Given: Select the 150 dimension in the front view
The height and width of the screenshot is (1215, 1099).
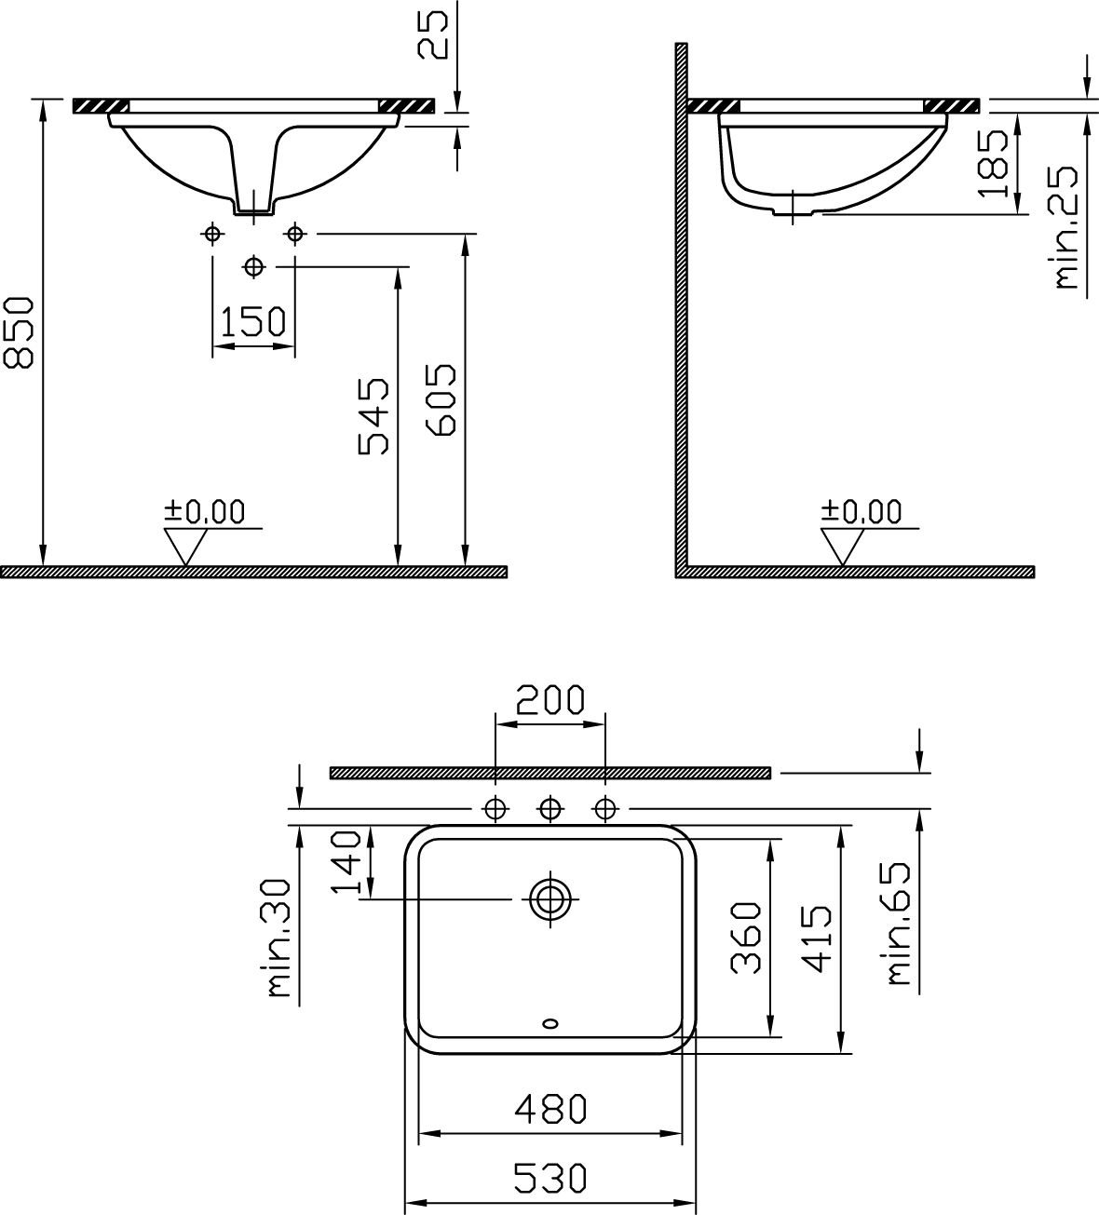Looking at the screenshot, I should pyautogui.click(x=253, y=321).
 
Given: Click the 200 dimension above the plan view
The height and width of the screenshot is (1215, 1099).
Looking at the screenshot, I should pyautogui.click(x=550, y=699).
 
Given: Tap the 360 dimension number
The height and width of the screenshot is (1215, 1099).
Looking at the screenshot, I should pyautogui.click(x=746, y=938).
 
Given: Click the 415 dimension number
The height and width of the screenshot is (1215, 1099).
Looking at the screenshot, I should pyautogui.click(x=816, y=938).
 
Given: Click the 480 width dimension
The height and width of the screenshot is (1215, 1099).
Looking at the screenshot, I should pyautogui.click(x=550, y=1108).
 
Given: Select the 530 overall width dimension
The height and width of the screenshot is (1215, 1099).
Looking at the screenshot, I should pyautogui.click(x=550, y=1179).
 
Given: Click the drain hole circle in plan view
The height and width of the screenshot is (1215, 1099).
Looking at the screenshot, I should pyautogui.click(x=550, y=899).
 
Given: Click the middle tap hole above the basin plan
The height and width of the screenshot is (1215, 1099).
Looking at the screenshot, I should pyautogui.click(x=550, y=807).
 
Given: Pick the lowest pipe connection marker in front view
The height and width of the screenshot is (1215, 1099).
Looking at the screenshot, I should pyautogui.click(x=253, y=266).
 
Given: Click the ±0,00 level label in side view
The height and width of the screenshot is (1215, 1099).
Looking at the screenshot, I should pyautogui.click(x=862, y=511).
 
